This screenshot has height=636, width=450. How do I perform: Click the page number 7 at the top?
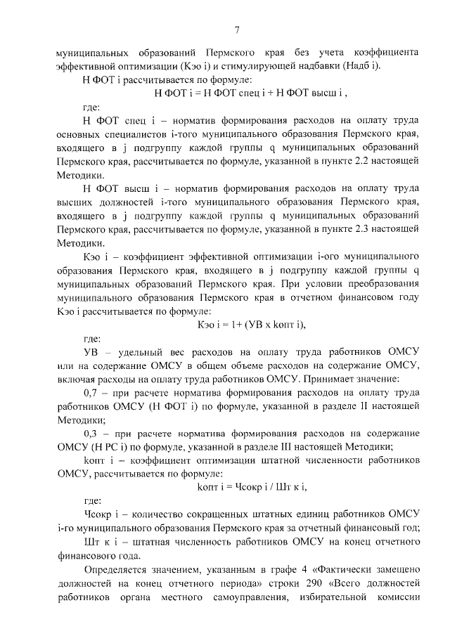pos(237,29)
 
